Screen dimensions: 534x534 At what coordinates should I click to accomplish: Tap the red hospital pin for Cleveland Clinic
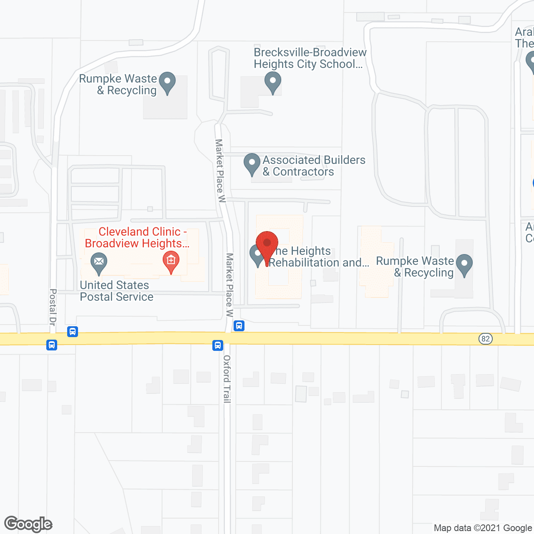pos(171,262)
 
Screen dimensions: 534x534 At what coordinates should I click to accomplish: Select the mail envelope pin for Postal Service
pos(99,263)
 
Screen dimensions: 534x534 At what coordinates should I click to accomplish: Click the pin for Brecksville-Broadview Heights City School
pos(273,82)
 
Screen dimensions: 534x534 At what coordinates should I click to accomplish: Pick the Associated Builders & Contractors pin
pos(252,164)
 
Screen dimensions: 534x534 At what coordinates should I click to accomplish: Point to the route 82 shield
pos(485,338)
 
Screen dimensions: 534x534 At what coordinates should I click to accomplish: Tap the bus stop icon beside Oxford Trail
pos(218,345)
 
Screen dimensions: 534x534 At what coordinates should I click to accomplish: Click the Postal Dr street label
pos(53,307)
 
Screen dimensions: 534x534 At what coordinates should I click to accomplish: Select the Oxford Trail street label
pos(227,379)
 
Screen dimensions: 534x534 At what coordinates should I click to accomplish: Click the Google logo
pos(28,524)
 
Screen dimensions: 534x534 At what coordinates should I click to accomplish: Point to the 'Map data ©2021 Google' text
pos(483,528)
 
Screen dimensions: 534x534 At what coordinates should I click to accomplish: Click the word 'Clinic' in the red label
pos(161,232)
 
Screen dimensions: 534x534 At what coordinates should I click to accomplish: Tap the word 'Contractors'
pos(303,172)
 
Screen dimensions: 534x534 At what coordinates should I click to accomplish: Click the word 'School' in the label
pos(337,64)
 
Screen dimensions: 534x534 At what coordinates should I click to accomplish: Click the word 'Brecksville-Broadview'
pos(310,53)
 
